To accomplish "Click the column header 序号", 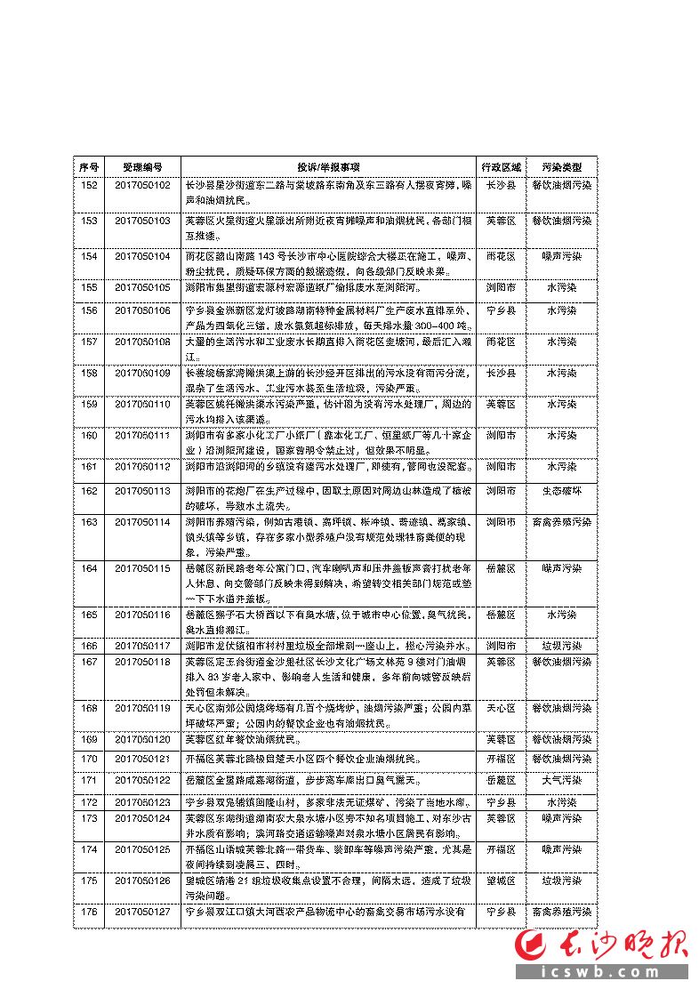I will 89,166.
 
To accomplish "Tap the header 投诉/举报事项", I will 328,166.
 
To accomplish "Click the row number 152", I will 89,184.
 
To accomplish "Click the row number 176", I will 89,912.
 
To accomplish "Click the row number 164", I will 89,567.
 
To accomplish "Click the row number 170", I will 89,759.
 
